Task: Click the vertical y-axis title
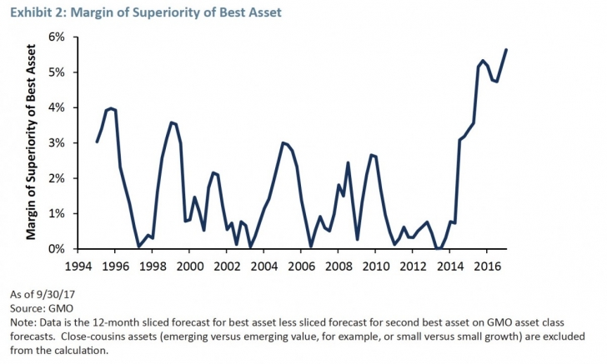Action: click(x=31, y=143)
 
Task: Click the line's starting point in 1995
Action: click(x=97, y=142)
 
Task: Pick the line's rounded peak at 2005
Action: click(x=283, y=142)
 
